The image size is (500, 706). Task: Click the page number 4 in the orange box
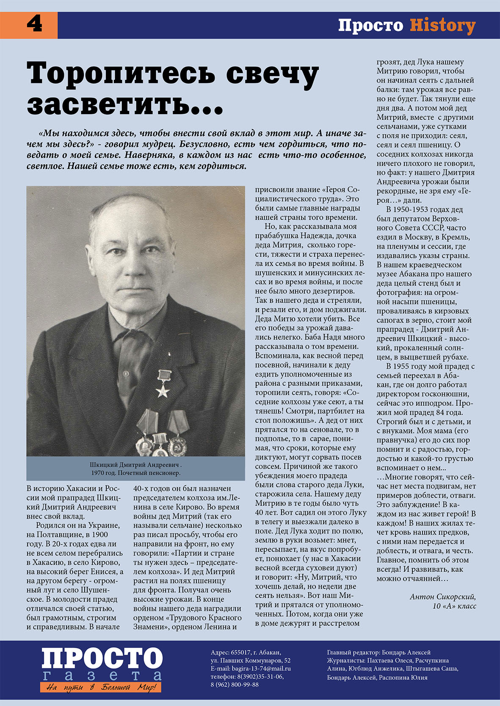34,25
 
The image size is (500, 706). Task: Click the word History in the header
442,26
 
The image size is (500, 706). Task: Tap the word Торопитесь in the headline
125,74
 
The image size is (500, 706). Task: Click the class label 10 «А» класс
451,606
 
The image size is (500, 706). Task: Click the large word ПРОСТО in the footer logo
102,659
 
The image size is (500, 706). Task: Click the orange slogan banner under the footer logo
101,687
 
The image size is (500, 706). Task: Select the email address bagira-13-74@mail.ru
261,668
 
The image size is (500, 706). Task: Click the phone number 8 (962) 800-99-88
235,684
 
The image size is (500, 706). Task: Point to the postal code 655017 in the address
241,652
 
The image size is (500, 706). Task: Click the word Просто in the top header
370,26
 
